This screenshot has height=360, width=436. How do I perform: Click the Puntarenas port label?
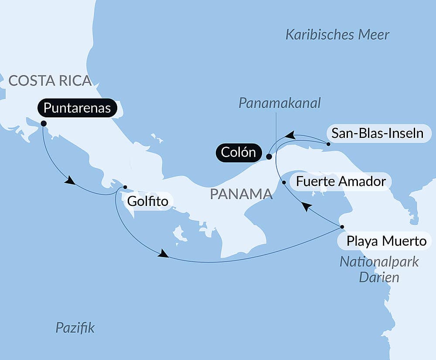[x=77, y=108]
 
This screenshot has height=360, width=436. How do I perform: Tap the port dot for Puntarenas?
[x=44, y=123]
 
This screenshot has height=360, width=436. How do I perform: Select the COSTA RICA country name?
[x=50, y=80]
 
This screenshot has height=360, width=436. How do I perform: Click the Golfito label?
[x=148, y=202]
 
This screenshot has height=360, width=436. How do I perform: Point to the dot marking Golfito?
[x=125, y=187]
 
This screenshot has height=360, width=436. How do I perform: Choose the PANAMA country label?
[x=241, y=194]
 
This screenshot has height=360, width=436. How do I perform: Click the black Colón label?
[x=238, y=153]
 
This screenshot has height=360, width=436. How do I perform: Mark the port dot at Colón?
[x=269, y=156]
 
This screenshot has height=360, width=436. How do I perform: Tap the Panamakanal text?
[x=279, y=103]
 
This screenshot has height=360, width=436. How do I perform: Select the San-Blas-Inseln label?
[x=378, y=134]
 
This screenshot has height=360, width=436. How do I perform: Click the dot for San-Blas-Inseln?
[x=328, y=143]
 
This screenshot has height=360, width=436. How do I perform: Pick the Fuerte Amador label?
[x=341, y=181]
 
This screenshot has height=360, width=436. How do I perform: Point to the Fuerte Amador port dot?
[x=284, y=182]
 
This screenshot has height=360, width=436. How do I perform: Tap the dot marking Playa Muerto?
[x=342, y=227]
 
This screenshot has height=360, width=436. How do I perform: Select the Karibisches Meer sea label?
[x=337, y=35]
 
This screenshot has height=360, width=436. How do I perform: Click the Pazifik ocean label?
[x=75, y=328]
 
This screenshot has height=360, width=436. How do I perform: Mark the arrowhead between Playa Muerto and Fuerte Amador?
[x=307, y=207]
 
